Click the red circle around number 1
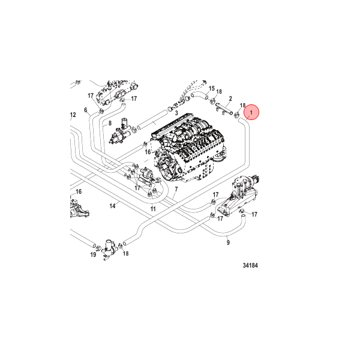252,112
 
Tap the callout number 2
230,98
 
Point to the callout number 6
86,110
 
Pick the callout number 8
110,122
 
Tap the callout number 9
228,242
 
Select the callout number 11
153,209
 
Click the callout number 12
73,115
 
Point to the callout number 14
112,206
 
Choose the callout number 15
211,88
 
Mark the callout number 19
93,254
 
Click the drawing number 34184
254,264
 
